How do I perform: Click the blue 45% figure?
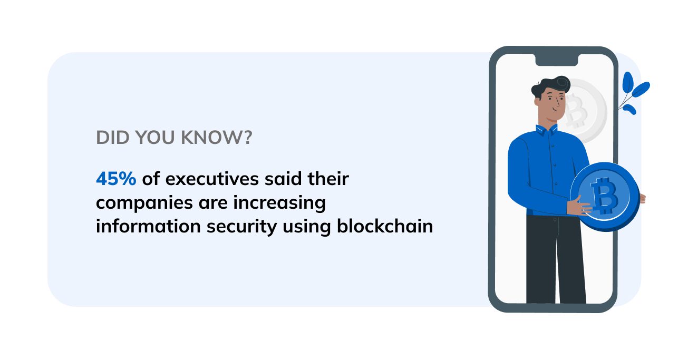[x=116, y=179]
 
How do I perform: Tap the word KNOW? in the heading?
[x=217, y=137]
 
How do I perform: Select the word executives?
[x=212, y=179]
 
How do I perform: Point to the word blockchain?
[x=385, y=226]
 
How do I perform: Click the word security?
[x=241, y=227]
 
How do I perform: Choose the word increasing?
[x=279, y=203]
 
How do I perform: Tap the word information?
[x=148, y=226]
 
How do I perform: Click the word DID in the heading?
[x=112, y=137]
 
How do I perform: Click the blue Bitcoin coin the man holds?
[x=605, y=197]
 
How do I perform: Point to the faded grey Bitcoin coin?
[x=584, y=111]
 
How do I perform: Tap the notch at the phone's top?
[x=557, y=60]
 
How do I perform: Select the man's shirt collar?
[x=547, y=130]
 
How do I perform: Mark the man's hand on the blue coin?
[x=578, y=207]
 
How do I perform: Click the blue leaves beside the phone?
[x=633, y=92]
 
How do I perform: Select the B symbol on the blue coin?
[x=604, y=196]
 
